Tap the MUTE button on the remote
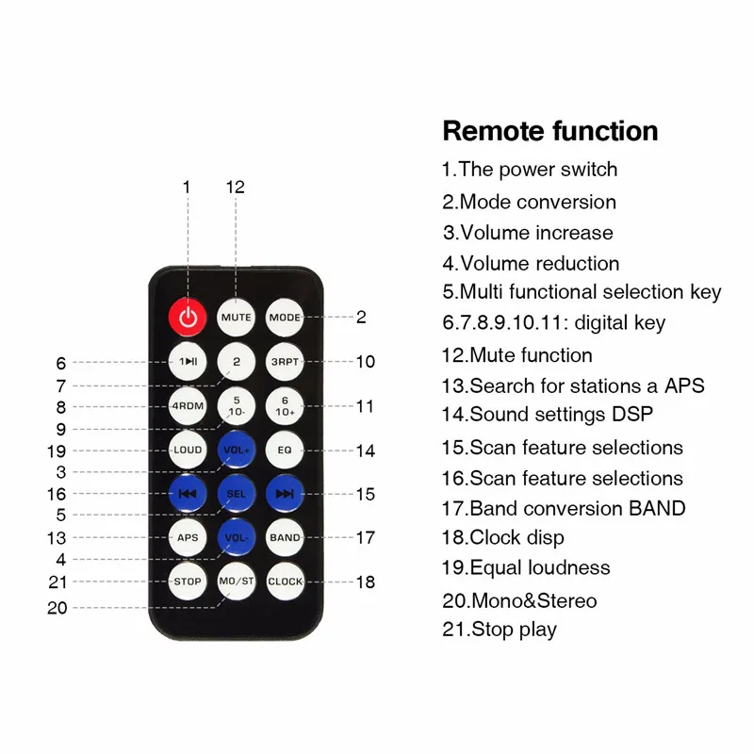click(x=236, y=318)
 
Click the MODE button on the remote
click(x=285, y=318)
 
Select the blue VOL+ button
click(x=236, y=450)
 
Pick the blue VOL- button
click(x=236, y=537)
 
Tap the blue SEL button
click(x=236, y=493)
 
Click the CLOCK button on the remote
click(x=285, y=582)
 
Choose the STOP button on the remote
click(x=188, y=582)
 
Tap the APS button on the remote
click(x=188, y=537)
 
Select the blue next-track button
click(x=285, y=493)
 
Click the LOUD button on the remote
click(x=188, y=450)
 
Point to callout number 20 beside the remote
click(x=57, y=608)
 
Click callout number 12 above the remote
click(x=236, y=188)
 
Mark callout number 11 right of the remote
click(x=365, y=406)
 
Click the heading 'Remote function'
click(x=550, y=131)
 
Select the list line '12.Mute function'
click(x=517, y=355)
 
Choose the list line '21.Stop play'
click(x=500, y=630)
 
